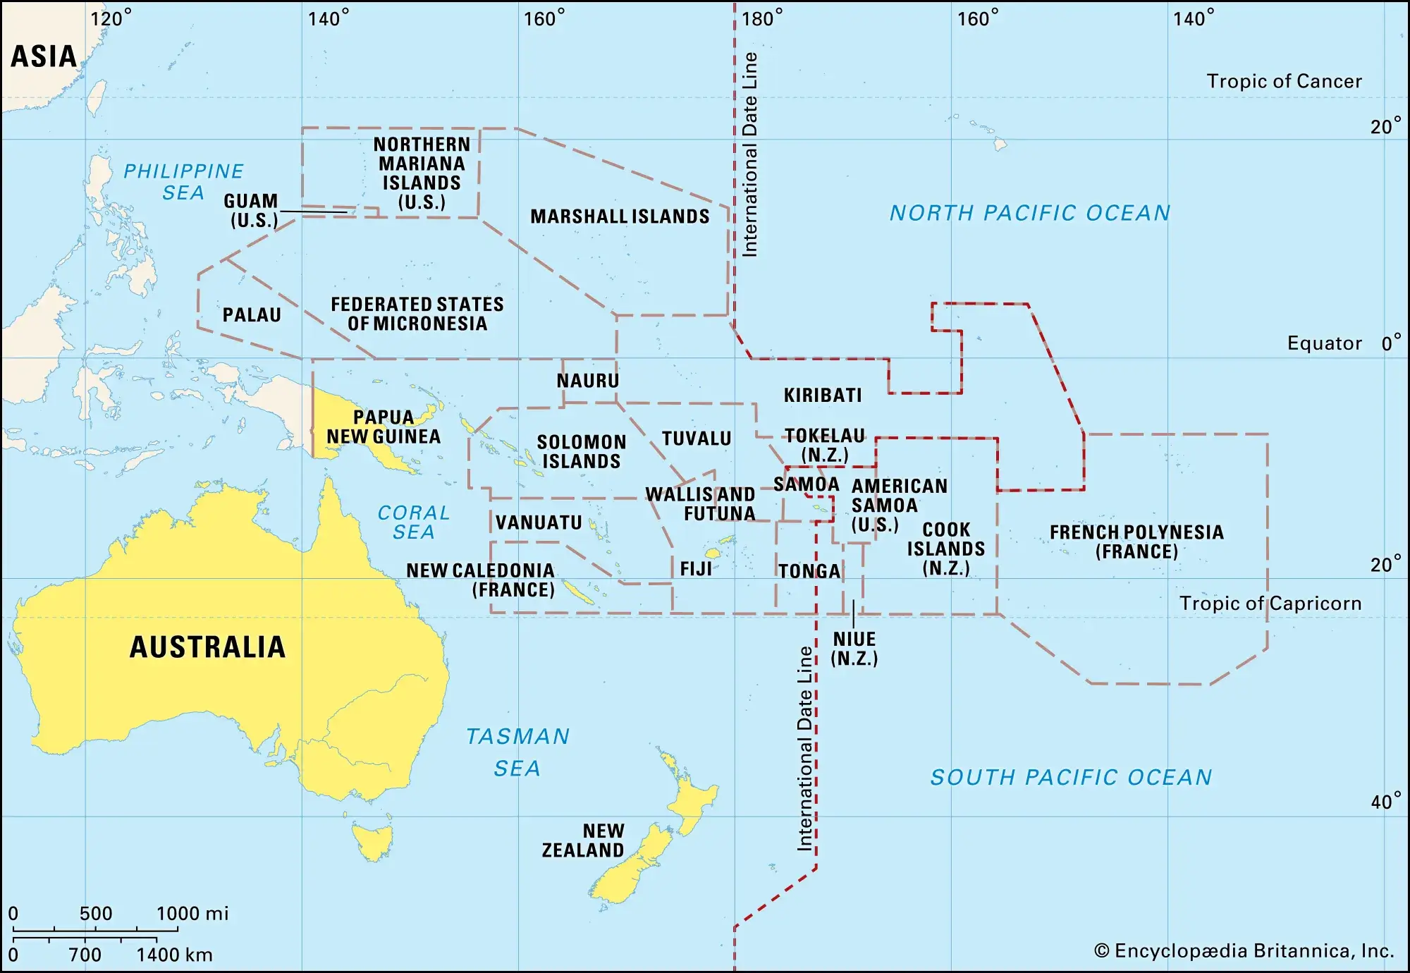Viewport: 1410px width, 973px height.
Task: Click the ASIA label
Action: tap(44, 56)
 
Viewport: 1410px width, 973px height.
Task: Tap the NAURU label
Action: tap(587, 381)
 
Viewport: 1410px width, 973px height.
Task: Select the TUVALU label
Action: tap(697, 439)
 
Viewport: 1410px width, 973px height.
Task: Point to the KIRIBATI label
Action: tap(823, 395)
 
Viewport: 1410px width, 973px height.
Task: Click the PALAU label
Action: tap(252, 314)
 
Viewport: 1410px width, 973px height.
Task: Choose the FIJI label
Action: tap(696, 569)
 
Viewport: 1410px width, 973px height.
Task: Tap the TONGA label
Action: tap(809, 571)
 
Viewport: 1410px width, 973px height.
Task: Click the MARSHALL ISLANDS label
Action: tap(620, 216)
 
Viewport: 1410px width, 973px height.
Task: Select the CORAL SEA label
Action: tap(414, 522)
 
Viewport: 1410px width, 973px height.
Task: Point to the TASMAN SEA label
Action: tap(517, 752)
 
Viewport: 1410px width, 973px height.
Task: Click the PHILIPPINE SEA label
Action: tap(183, 181)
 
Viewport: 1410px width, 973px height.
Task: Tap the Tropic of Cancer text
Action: tap(1284, 81)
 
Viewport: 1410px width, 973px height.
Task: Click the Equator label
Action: tap(1324, 343)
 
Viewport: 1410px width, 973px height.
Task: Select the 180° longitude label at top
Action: tap(762, 18)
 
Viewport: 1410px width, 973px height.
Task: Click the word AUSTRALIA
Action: tap(208, 647)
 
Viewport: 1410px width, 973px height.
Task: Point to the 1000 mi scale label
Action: tap(192, 914)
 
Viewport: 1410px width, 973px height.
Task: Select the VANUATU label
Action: tap(539, 522)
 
